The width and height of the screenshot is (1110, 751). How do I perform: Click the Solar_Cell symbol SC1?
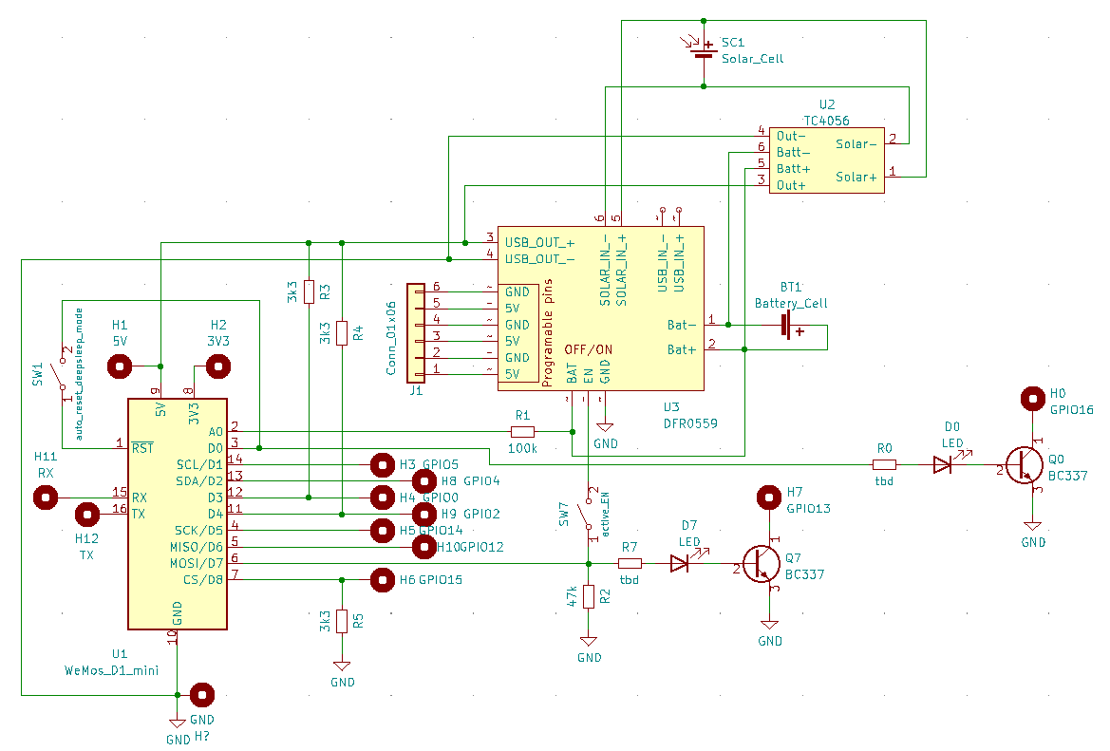click(x=704, y=53)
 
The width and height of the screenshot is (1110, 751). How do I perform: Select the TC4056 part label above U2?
click(x=826, y=121)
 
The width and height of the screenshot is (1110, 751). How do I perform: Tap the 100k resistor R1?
click(x=522, y=431)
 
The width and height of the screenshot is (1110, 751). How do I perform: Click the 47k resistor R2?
click(x=589, y=596)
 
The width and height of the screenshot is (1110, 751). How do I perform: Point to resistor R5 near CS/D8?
click(x=342, y=621)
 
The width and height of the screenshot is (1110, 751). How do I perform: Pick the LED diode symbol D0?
click(x=942, y=464)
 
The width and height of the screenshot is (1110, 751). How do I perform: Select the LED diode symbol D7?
click(x=679, y=563)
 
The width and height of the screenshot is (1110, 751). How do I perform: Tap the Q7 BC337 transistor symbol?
click(x=762, y=564)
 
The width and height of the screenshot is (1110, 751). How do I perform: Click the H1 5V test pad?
click(x=120, y=366)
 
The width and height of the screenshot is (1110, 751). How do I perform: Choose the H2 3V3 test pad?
click(x=218, y=366)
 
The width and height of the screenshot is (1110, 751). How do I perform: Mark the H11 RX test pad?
click(x=46, y=497)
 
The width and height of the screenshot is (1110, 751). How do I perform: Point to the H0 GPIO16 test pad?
click(x=1033, y=400)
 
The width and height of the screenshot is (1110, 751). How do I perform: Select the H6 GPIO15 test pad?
click(x=382, y=578)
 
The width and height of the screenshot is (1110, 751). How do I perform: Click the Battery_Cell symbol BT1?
click(x=787, y=326)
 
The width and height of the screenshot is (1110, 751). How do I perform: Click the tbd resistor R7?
click(x=630, y=563)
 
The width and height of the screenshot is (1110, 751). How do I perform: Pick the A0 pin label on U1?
click(x=215, y=430)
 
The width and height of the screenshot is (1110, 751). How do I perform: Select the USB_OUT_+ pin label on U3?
click(x=539, y=241)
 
